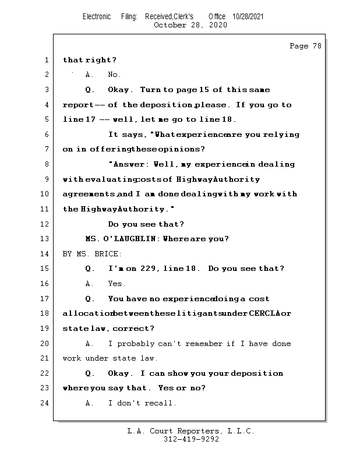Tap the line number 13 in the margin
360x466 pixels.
pos(46,239)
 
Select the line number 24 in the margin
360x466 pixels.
pos(46,403)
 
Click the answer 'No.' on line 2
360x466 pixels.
pos(114,75)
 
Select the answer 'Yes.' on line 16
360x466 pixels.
pos(117,284)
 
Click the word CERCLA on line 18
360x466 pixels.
pos(263,314)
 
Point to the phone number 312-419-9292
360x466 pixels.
pos(191,440)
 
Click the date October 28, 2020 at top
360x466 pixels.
pos(190,25)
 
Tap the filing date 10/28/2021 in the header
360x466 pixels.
pos(248,17)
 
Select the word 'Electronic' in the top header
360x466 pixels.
pos(97,17)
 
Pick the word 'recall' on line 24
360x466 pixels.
pos(161,403)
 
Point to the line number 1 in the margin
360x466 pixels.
pos(46,60)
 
